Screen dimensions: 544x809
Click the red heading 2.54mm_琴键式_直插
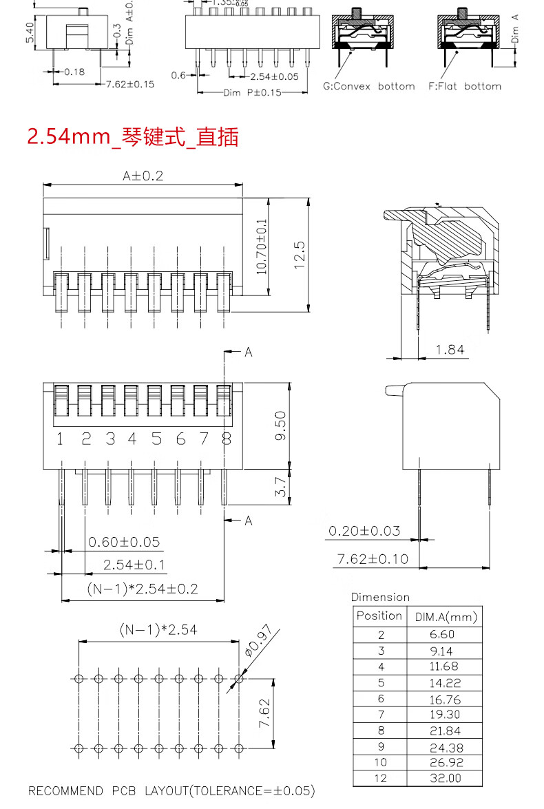pyautogui.click(x=133, y=137)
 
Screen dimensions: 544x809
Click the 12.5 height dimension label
pyautogui.click(x=300, y=255)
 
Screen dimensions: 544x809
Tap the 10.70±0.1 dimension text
pyautogui.click(x=262, y=246)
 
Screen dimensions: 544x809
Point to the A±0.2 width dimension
pyautogui.click(x=143, y=176)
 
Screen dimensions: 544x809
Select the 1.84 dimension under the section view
pyautogui.click(x=450, y=350)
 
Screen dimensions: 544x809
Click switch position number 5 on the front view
pyautogui.click(x=156, y=439)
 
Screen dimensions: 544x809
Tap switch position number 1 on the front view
pyautogui.click(x=60, y=439)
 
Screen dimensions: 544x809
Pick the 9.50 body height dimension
pyautogui.click(x=280, y=425)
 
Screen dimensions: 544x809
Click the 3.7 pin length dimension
pyautogui.click(x=280, y=487)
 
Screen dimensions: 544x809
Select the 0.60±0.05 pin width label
pyautogui.click(x=124, y=542)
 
